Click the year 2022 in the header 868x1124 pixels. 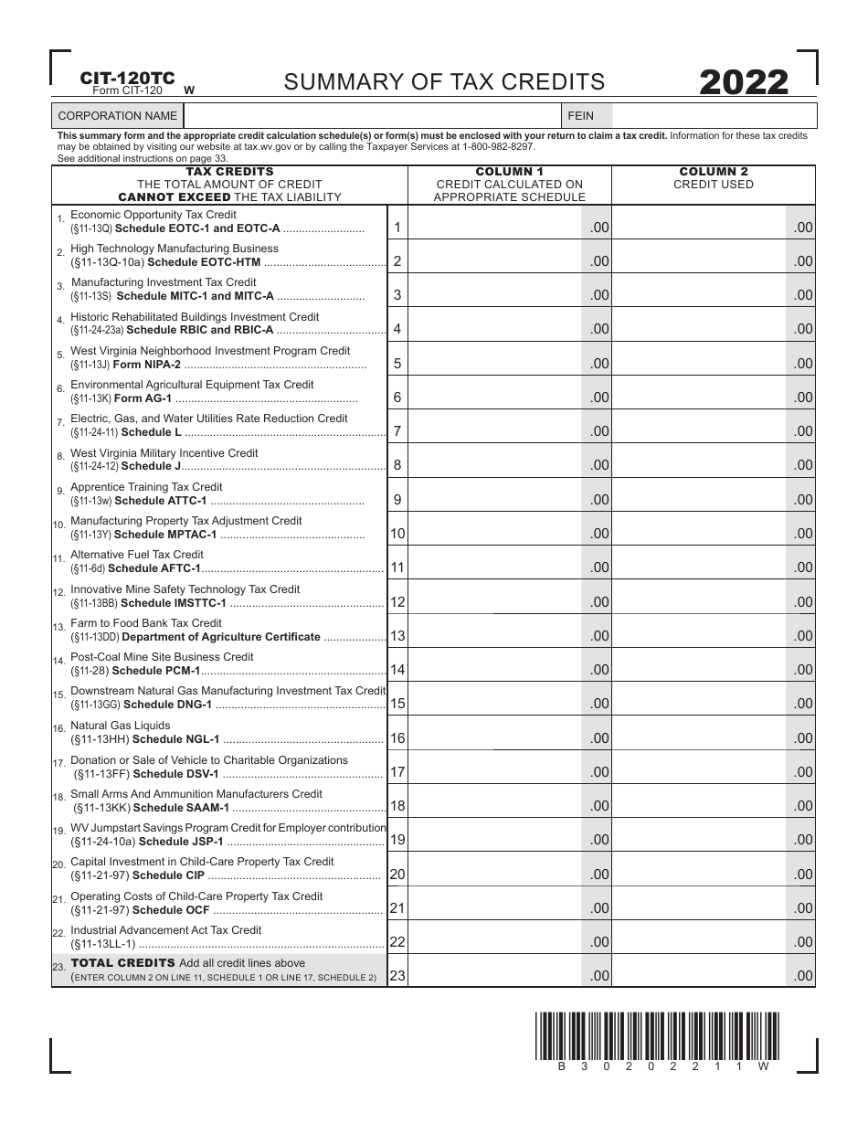[x=744, y=83]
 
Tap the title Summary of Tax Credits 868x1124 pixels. [x=444, y=82]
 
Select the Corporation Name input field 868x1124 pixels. [x=370, y=116]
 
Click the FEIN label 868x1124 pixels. [x=580, y=116]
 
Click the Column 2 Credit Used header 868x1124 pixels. [x=713, y=178]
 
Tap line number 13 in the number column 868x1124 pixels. [x=397, y=635]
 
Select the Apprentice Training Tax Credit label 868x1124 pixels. [x=146, y=487]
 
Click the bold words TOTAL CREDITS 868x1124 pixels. [x=122, y=963]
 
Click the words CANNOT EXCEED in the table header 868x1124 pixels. [x=174, y=196]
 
